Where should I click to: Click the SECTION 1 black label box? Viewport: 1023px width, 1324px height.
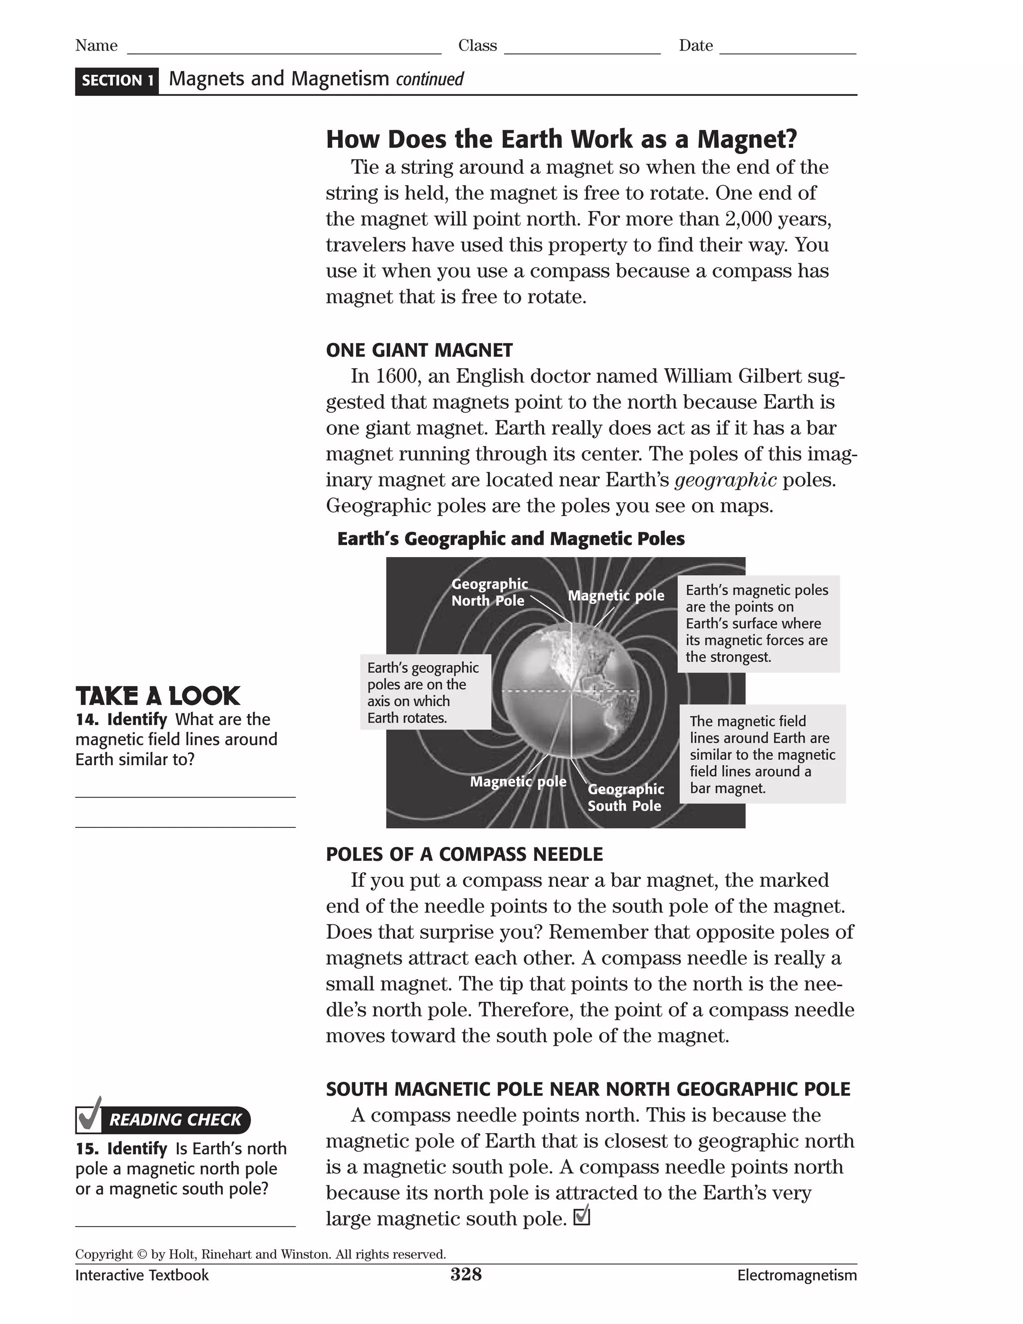117,80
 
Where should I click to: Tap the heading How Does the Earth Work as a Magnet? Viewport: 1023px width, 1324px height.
561,139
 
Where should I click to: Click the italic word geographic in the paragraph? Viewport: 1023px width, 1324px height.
725,480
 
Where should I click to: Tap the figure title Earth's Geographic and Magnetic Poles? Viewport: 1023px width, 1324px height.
511,539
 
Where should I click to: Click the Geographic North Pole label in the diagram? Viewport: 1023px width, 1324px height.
489,592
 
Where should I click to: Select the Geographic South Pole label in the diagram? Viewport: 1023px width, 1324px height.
625,797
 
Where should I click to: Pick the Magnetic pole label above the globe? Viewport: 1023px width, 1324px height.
616,596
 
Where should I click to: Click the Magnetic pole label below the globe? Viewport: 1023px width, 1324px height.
517,781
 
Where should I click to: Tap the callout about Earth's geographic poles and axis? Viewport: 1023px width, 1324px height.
425,692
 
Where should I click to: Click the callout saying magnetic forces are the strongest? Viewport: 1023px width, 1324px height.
758,624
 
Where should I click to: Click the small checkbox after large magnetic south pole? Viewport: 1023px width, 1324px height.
580,1216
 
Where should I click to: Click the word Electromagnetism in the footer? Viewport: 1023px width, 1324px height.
796,1276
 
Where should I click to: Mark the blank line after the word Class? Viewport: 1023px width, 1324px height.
582,48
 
